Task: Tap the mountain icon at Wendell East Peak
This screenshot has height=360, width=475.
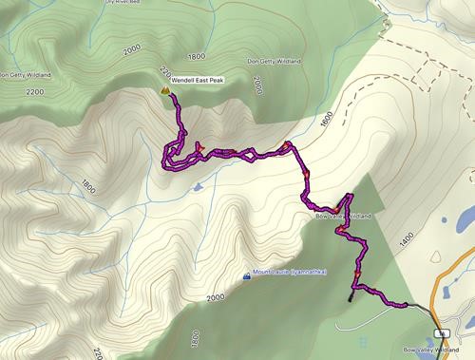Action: [165, 90]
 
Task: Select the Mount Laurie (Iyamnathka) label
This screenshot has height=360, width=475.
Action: [290, 275]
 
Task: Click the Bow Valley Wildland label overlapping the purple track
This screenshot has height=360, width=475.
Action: [342, 217]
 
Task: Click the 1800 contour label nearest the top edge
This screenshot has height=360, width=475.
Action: [197, 56]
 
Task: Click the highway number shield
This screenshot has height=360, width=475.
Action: [441, 333]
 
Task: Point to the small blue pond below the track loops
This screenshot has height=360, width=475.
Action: [197, 186]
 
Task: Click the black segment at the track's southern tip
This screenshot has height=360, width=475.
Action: [352, 294]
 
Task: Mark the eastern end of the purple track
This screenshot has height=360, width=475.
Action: [407, 305]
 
